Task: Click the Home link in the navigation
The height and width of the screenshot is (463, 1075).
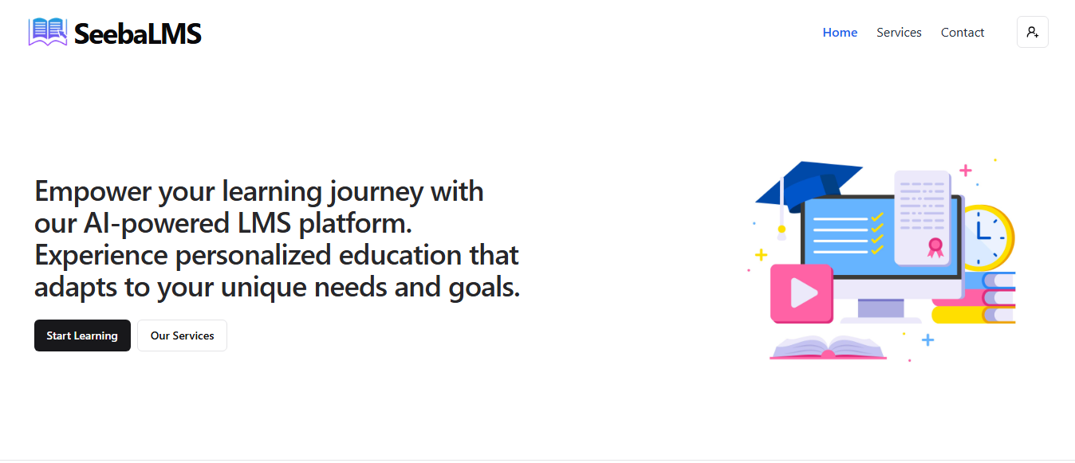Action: pos(840,32)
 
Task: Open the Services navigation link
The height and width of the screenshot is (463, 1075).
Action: pos(899,32)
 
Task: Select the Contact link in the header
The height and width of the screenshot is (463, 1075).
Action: pos(963,32)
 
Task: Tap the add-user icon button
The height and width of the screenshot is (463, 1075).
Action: pos(1032,32)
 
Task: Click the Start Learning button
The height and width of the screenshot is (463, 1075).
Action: pos(83,335)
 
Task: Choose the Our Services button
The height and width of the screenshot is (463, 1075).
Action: pos(183,335)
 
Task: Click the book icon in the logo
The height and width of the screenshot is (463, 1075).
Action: pos(48,32)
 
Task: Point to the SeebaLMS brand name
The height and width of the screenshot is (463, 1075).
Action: pos(138,33)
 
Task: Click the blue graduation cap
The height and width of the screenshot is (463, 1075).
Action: pos(809,185)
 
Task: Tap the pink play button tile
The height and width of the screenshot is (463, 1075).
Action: pos(801,293)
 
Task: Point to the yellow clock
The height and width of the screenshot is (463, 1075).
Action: pos(990,237)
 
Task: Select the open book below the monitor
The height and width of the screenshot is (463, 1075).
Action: pos(829,347)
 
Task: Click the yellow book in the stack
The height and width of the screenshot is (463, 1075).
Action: pos(973,315)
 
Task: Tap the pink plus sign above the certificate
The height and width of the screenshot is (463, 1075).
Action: pos(966,171)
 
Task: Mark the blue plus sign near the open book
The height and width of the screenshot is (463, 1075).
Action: pos(927,340)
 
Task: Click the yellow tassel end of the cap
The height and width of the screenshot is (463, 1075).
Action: pos(782,230)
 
